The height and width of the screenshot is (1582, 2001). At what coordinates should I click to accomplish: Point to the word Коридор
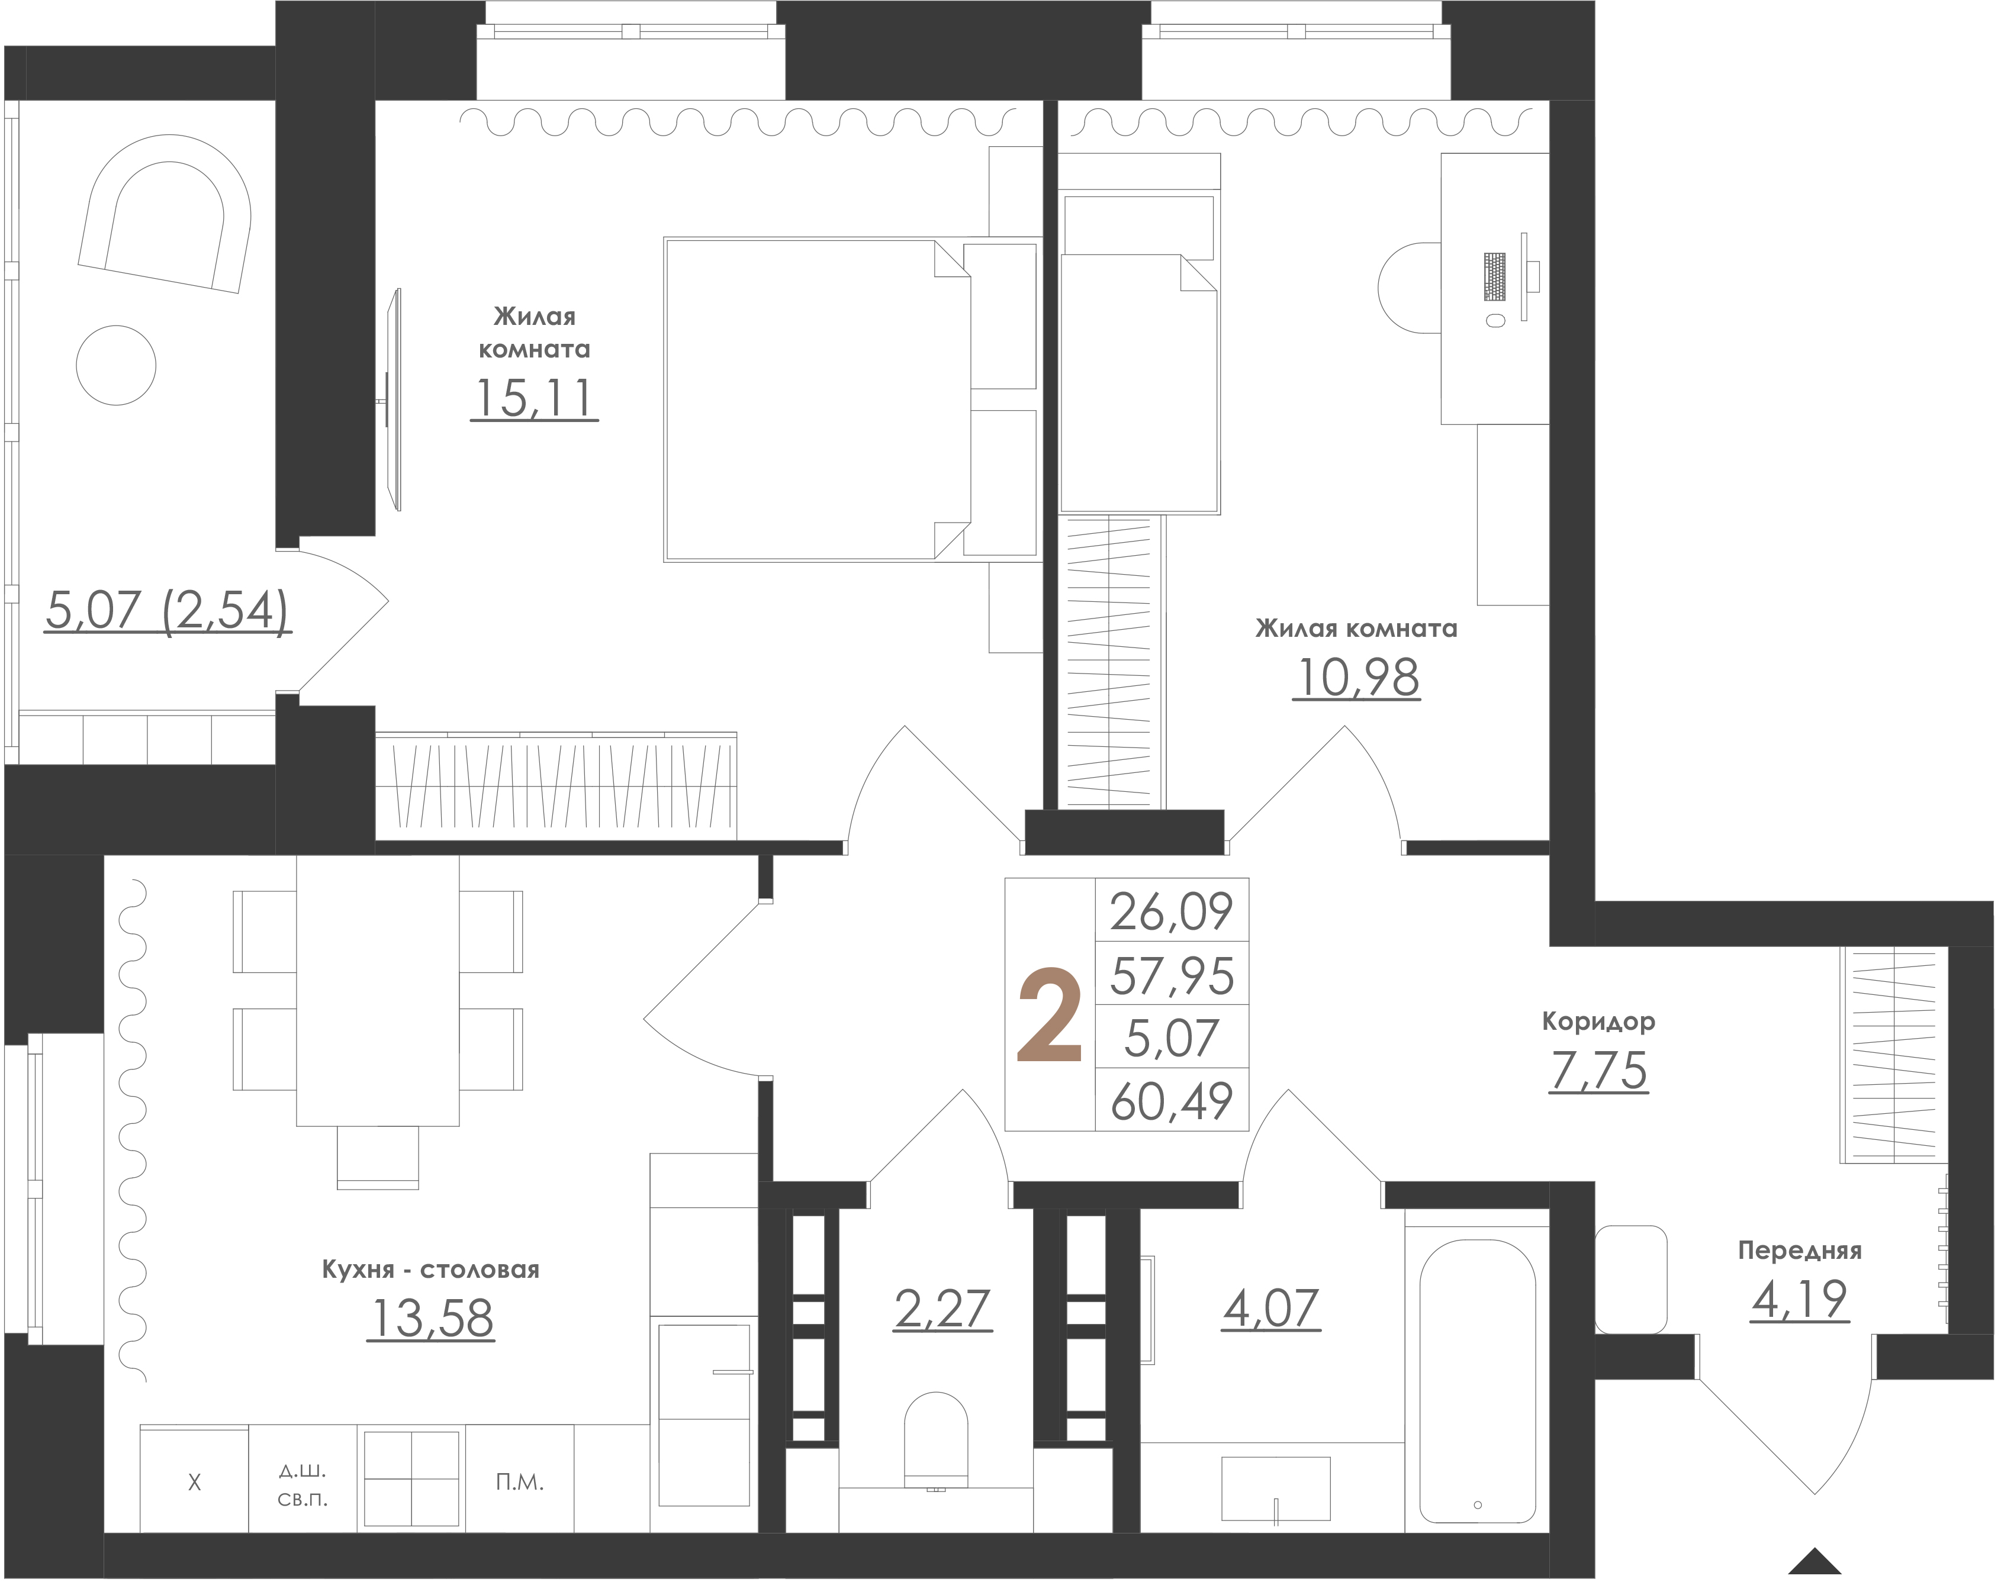coord(1598,1022)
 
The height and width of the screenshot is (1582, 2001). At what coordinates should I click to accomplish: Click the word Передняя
coord(1799,1251)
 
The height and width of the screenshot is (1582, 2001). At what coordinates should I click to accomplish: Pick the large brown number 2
coord(1050,1015)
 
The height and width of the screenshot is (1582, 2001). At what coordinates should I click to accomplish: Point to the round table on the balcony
coord(116,365)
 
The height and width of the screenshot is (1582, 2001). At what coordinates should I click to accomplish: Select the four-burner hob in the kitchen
coord(411,1479)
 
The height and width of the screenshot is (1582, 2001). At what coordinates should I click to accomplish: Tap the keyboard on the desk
coord(1494,277)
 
